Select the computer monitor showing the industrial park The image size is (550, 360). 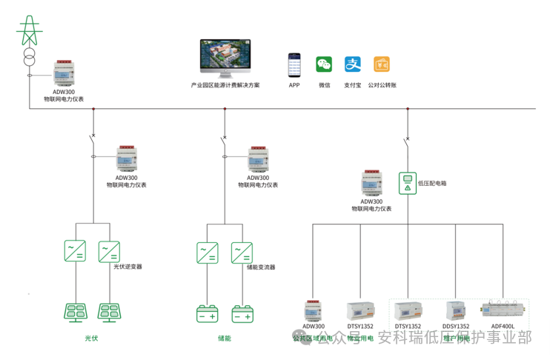click(x=225, y=59)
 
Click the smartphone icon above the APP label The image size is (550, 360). click(x=294, y=65)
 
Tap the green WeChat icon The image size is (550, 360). click(x=324, y=64)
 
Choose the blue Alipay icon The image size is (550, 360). click(x=353, y=64)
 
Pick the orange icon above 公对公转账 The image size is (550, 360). click(x=382, y=64)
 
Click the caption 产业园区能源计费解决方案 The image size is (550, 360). click(x=225, y=85)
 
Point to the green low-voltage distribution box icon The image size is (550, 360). click(x=406, y=181)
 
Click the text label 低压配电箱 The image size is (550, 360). click(x=432, y=182)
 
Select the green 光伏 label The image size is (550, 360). click(x=91, y=339)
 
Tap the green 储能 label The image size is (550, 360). click(x=224, y=339)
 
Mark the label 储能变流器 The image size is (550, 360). click(x=260, y=267)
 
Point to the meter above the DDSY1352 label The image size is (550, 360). click(x=454, y=310)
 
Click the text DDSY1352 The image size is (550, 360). click(x=455, y=327)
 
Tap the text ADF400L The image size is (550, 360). click(x=503, y=327)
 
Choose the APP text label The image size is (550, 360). click(x=294, y=85)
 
